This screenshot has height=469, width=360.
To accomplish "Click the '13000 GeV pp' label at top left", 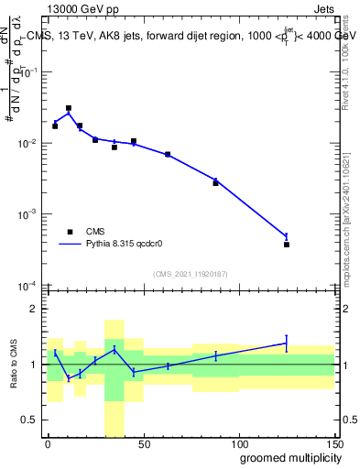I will coord(77,8).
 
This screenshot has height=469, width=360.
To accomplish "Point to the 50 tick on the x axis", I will coord(143,442).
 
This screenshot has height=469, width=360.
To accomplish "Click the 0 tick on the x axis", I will coord(48,442).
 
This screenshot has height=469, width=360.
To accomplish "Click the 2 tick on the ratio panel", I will coord(34,310).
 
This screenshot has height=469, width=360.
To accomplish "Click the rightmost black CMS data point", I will coord(286,245).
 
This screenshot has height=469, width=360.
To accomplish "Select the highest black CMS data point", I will coord(69,108).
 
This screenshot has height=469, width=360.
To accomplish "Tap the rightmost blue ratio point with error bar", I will coord(286,343).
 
